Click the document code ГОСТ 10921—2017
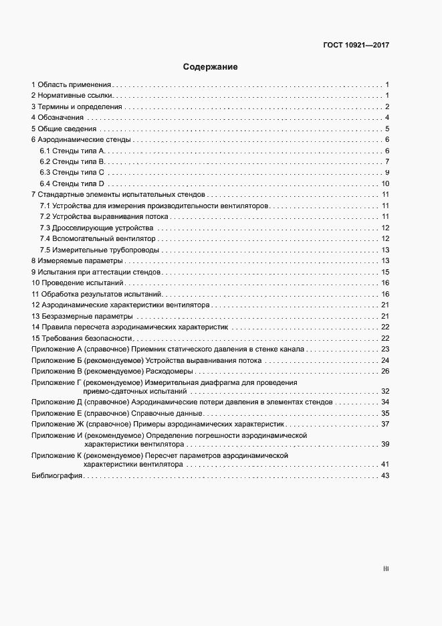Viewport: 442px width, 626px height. click(x=356, y=46)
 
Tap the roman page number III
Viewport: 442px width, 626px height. click(x=386, y=569)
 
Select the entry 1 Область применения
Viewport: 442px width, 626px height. click(x=71, y=85)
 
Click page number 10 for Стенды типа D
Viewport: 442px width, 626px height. click(x=385, y=183)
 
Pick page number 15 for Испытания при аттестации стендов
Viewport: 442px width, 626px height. click(x=385, y=272)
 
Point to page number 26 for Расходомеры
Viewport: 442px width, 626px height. click(x=385, y=371)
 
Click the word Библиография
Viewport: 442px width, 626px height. click(x=56, y=475)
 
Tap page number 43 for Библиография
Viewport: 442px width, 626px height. click(x=385, y=475)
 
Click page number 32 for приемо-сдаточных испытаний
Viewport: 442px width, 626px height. click(x=385, y=390)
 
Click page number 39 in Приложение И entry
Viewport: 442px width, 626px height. click(x=385, y=444)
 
